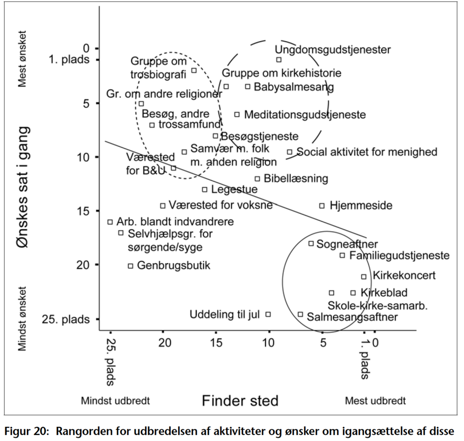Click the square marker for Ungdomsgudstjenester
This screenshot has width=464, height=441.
coord(279,59)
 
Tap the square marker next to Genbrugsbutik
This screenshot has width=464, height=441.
coord(130,265)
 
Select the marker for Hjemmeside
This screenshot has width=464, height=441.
coord(322,206)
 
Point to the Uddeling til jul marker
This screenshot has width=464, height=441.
coord(268,314)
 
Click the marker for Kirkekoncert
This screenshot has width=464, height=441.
coord(364,276)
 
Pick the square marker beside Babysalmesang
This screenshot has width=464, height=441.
coord(248,86)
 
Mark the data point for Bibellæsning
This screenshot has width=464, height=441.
coord(258,179)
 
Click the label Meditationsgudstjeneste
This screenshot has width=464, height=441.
coord(304,114)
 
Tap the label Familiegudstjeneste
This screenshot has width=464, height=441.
coord(399,255)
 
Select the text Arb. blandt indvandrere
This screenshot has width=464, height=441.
coord(175,222)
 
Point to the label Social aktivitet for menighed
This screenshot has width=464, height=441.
coord(367,152)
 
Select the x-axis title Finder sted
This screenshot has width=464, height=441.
coord(240,401)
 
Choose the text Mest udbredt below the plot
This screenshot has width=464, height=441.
coord(375,401)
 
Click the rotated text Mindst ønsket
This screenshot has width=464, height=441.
coord(23,319)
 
